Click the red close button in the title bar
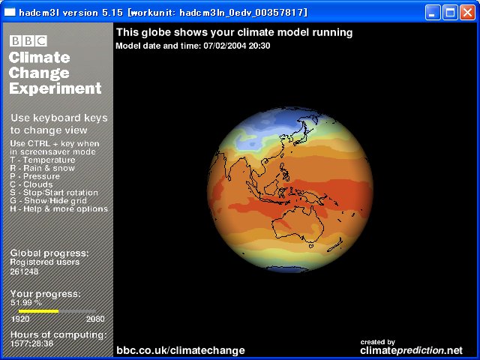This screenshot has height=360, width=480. coord(467,13)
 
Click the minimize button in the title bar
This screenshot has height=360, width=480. coord(432,13)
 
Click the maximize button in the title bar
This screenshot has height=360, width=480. coord(450,13)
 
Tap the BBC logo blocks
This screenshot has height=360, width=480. coord(28,40)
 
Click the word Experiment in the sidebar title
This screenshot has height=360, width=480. coord(55,88)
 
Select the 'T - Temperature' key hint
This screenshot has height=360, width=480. coord(43,160)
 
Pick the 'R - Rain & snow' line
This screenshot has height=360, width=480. coord(43,168)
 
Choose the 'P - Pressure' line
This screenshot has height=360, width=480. coord(35,176)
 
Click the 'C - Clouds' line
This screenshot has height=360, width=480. coord(31,184)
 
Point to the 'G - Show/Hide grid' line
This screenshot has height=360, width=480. coord(48,201)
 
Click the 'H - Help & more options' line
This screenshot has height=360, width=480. coord(58,209)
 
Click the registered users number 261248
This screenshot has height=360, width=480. coord(24,271)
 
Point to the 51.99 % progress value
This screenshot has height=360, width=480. coord(26,303)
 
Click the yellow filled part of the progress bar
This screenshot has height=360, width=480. coord(38,311)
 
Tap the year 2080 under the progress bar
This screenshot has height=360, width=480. coord(95,319)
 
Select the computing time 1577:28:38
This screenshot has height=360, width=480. coord(31,343)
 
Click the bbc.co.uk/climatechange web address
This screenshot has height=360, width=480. coord(181,350)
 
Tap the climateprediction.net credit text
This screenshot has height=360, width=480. coord(412,350)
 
